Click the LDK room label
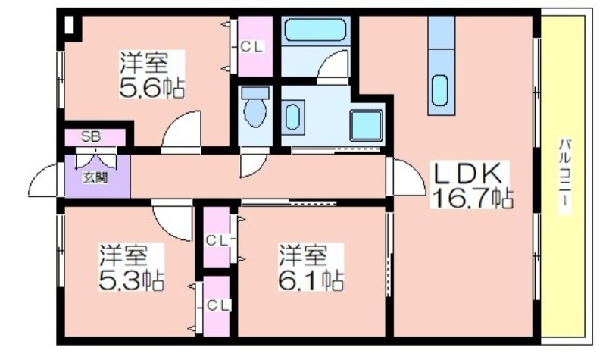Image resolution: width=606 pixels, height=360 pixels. (468, 174)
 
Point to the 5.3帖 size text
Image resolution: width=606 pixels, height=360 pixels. (131, 280)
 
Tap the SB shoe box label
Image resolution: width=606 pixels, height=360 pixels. (91, 136)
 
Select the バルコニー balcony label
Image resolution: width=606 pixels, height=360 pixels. (564, 177)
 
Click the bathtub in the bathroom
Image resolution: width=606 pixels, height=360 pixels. (315, 30)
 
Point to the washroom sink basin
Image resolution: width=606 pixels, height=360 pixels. (292, 117)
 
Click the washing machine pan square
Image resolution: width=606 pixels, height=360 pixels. (367, 125)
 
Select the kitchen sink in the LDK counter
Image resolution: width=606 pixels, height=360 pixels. (440, 90)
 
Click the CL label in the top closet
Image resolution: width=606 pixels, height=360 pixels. (252, 47)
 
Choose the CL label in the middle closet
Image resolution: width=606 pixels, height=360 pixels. (217, 240)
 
